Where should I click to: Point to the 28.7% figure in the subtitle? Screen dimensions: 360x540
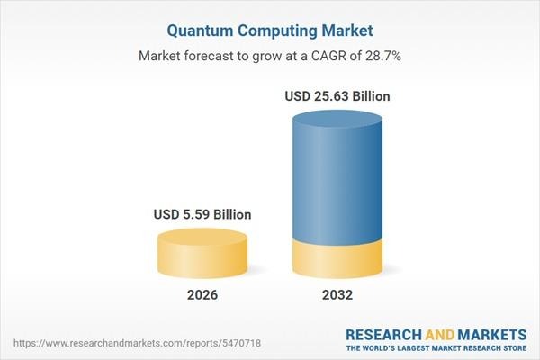pos(382,57)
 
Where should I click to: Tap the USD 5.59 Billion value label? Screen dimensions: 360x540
pos(202,215)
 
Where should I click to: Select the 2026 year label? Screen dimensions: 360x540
pos(202,293)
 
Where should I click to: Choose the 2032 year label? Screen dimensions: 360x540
pos(337,293)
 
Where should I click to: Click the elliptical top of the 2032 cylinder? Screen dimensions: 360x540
pos(337,120)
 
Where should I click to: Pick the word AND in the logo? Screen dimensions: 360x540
pos(439,333)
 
